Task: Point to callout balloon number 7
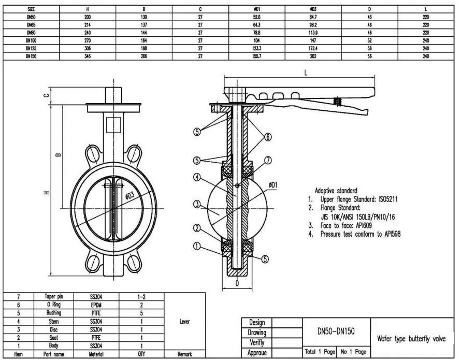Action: tap(268, 161)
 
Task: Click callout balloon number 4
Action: tap(197, 177)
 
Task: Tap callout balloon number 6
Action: tap(268, 137)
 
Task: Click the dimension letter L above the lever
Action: tap(306, 73)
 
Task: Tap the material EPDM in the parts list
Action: tap(96, 305)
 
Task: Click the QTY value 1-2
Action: tap(141, 297)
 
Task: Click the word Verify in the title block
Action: tap(257, 342)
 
